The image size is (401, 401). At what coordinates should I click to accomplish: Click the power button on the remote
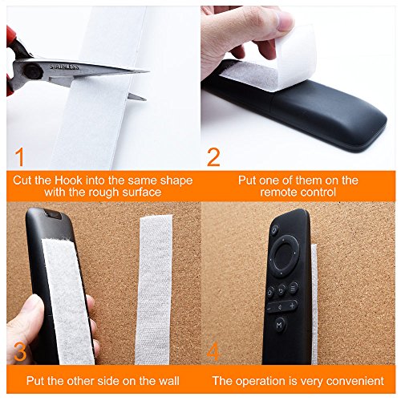pos(275,229)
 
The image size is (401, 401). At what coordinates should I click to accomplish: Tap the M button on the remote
pos(280,325)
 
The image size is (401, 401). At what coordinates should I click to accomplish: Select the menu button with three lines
pos(294,288)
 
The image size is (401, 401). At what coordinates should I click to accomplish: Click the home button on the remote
pos(270,292)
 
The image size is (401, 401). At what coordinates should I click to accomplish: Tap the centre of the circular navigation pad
pos(284,255)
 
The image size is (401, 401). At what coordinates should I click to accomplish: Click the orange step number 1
pos(19,156)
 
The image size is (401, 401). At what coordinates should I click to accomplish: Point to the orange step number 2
pos(213,157)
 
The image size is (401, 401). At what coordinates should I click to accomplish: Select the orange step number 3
pos(20,352)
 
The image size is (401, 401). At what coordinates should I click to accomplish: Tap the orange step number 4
pos(213,351)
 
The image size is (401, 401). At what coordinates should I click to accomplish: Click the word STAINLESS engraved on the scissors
pos(64,67)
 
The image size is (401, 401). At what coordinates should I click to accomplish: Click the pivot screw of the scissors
pos(33,71)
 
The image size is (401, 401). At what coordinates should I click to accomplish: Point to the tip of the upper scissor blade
pos(149,71)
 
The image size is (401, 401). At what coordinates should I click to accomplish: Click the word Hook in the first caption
pos(68,180)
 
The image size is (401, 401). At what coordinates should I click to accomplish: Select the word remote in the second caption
pos(277,192)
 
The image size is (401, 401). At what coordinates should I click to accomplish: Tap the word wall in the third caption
pos(168,381)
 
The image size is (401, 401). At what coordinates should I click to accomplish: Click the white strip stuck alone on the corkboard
pos(154,290)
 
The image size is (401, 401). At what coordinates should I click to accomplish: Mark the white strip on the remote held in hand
pos(68,301)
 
